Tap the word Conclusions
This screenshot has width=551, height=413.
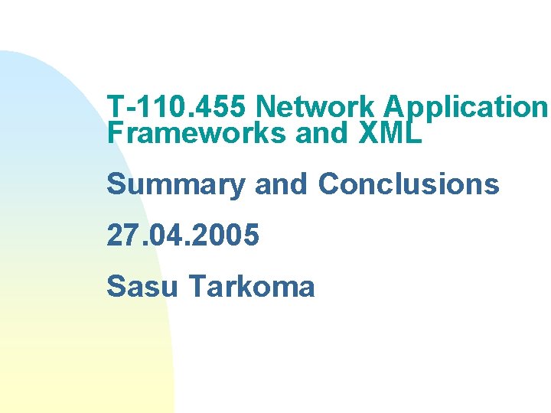(409, 184)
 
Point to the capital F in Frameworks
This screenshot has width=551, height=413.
(114, 133)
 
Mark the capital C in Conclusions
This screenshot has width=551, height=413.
(328, 184)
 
